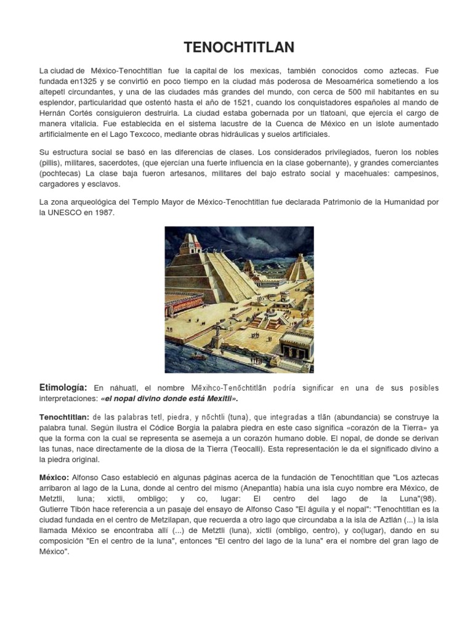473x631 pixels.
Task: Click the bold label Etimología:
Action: click(x=64, y=387)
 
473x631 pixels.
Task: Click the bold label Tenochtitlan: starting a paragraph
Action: click(x=64, y=417)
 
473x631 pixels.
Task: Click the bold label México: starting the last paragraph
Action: click(x=54, y=479)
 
